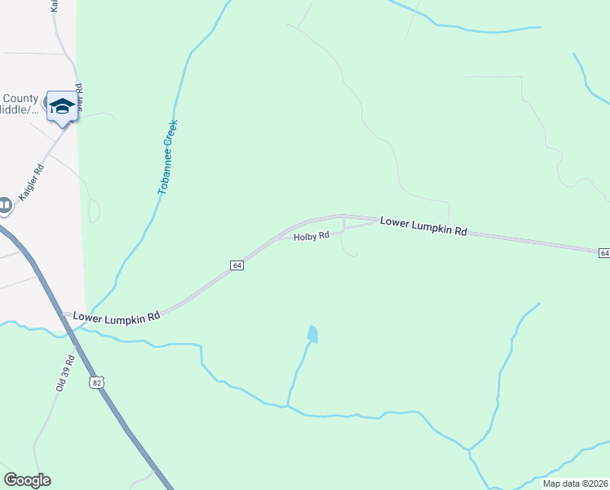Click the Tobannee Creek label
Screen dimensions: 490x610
coord(167,157)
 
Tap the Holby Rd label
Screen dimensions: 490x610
coord(312,236)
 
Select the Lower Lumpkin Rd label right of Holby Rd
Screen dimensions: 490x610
coord(423,226)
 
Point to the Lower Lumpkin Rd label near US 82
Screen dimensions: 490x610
coord(116,316)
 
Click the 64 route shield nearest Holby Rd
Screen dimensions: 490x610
coord(236,265)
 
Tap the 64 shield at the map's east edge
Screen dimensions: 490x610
coord(603,253)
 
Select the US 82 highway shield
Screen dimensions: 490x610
coord(98,382)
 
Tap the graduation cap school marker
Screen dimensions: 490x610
coord(62,106)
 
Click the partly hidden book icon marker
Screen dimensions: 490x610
coord(5,204)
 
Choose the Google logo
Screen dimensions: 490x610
coord(27,480)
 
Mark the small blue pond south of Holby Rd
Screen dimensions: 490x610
coord(312,333)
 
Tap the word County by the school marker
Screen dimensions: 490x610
coord(20,98)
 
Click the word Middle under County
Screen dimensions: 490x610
coord(20,111)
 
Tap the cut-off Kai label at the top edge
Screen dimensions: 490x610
coord(55,5)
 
